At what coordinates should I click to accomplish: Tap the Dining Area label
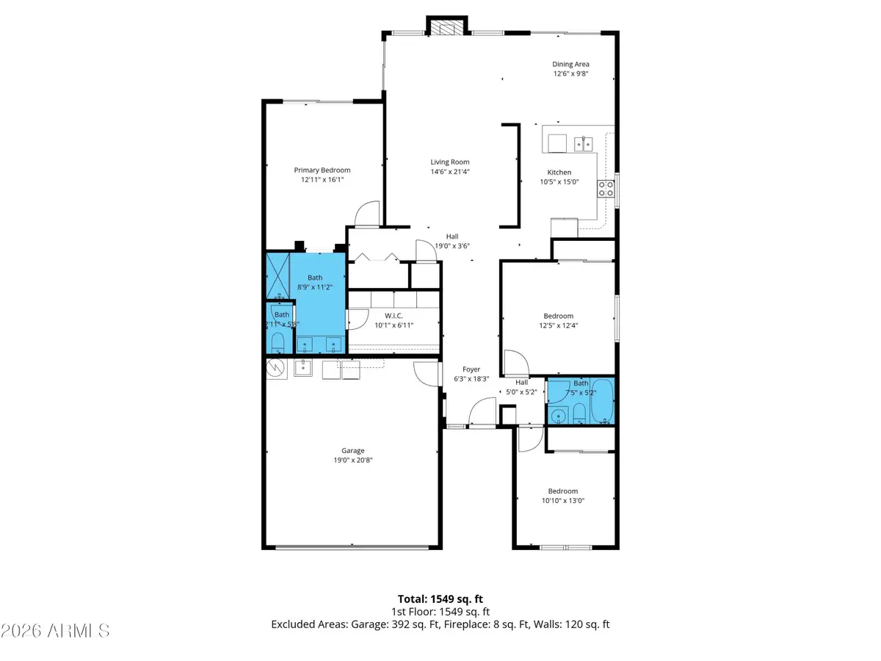tap(570, 65)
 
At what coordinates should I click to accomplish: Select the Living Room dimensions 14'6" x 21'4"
tap(449, 172)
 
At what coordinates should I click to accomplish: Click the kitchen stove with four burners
tap(606, 189)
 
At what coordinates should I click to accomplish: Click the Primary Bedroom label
tap(322, 170)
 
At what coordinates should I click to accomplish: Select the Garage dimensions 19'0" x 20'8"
tap(352, 460)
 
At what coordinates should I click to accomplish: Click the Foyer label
tap(471, 369)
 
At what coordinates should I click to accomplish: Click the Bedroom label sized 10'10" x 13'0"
tap(562, 491)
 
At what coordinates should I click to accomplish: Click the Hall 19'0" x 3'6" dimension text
tap(452, 246)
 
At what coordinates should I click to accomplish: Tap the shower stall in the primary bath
tap(277, 273)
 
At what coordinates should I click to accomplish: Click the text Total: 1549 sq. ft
tap(440, 599)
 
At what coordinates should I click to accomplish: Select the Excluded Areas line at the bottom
tap(440, 624)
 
